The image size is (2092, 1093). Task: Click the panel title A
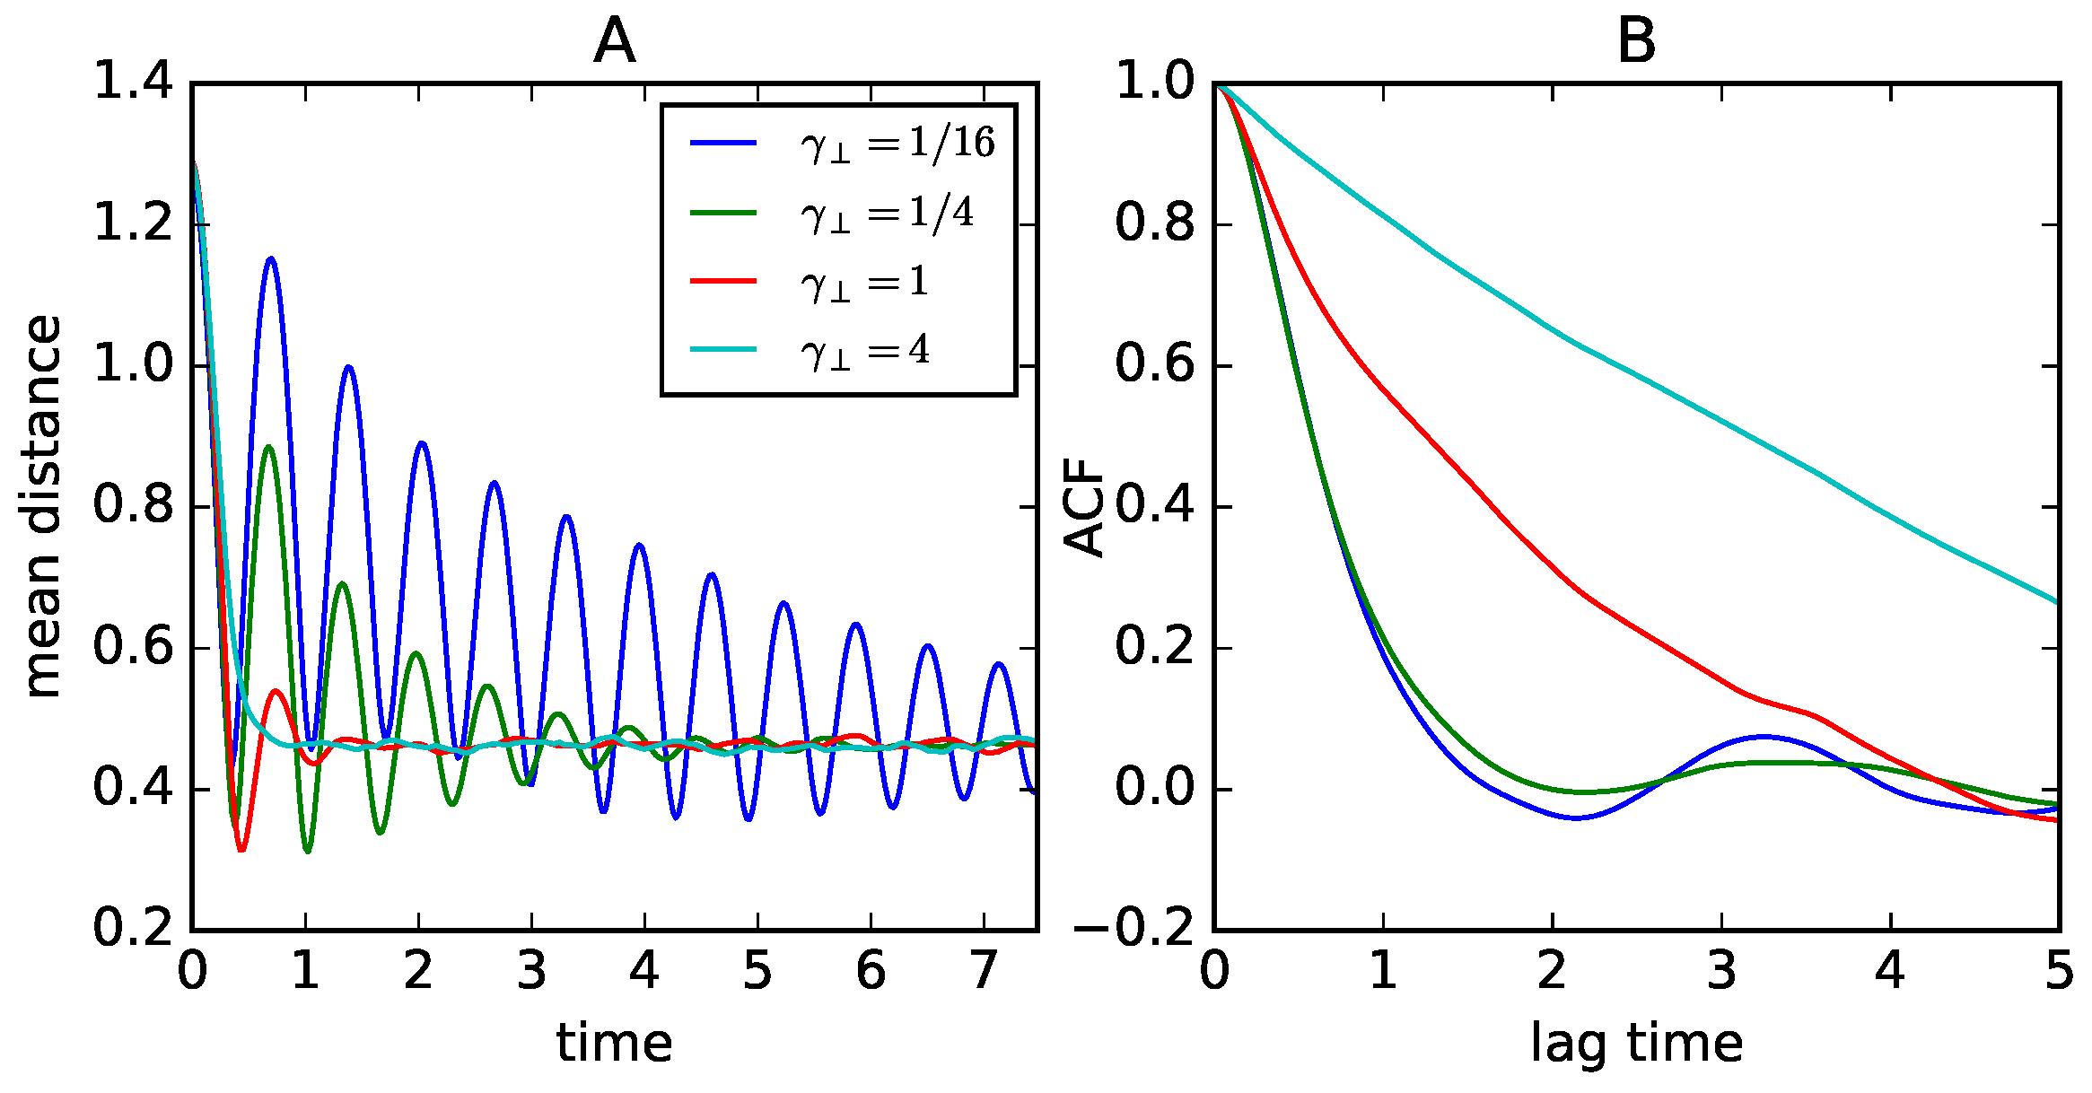614,42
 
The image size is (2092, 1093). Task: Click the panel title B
1635,42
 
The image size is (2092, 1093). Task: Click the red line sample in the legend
723,282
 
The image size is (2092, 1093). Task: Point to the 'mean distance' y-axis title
43,506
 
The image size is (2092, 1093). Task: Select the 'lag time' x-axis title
1635,1043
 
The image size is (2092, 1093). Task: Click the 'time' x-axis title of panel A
614,1043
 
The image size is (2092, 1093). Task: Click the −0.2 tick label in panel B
1134,928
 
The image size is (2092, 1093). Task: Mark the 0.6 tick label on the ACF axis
1155,365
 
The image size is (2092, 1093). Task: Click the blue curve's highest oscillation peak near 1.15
270,259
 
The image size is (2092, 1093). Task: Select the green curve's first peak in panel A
268,447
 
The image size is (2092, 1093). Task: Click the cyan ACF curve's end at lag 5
2055,601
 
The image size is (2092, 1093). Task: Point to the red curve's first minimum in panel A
241,849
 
